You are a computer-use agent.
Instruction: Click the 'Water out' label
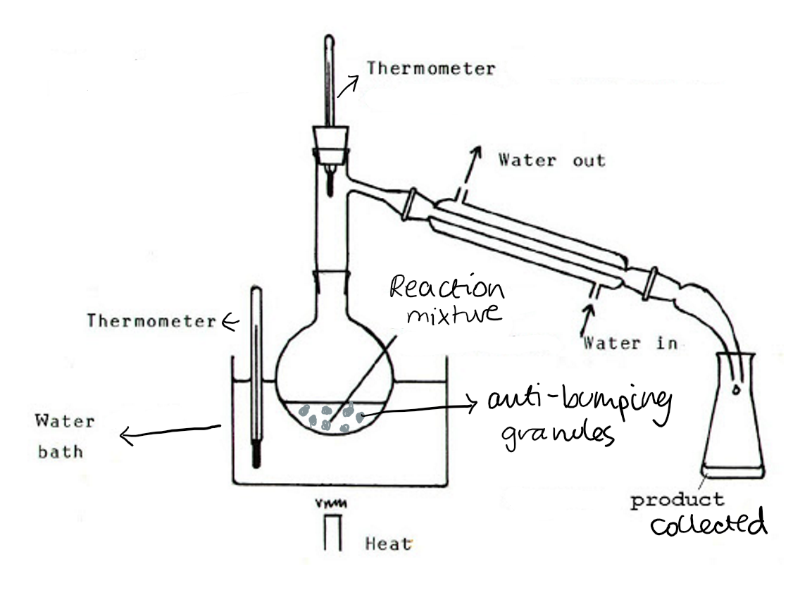[552, 160]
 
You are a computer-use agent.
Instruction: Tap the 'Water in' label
[630, 343]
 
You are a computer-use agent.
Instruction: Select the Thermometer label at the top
[431, 68]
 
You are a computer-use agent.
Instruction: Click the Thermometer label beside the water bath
[151, 321]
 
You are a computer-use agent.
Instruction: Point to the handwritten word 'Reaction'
[446, 288]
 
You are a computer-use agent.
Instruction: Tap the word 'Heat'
[388, 544]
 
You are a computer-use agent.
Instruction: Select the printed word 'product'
[677, 501]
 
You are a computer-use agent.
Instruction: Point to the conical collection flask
[733, 414]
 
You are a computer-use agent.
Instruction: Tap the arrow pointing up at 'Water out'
[471, 165]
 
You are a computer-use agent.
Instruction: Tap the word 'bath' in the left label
[60, 451]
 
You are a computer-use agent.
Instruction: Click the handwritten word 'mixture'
[454, 314]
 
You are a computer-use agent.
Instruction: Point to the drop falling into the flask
[736, 390]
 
